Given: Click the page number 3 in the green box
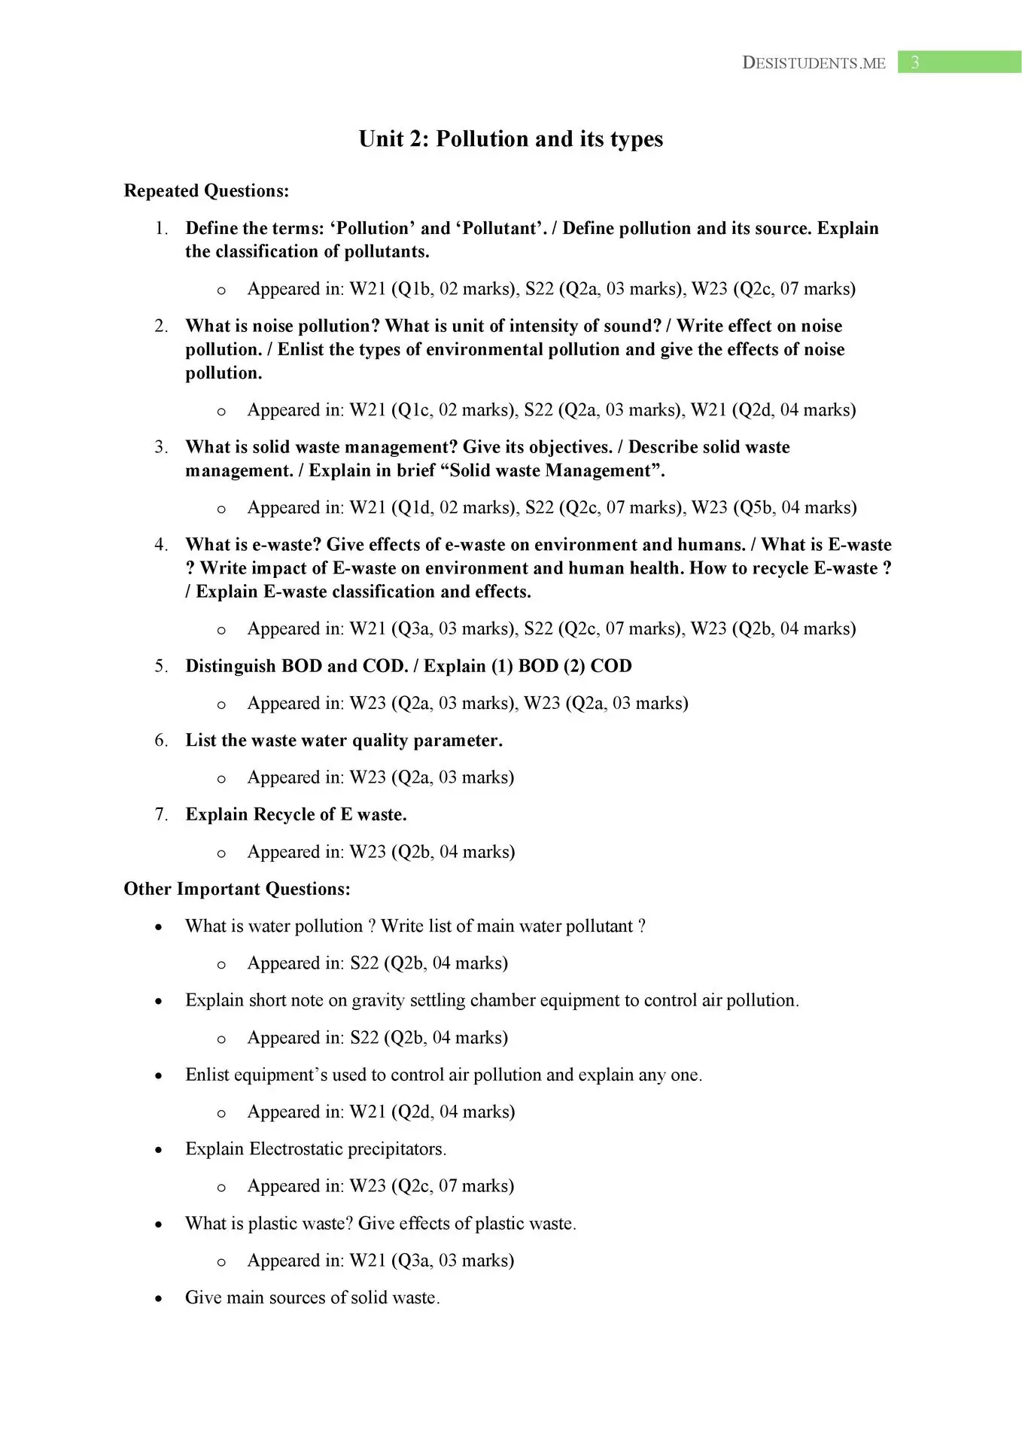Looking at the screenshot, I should pyautogui.click(x=914, y=62).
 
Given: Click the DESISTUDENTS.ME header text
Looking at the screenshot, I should pyautogui.click(x=814, y=63).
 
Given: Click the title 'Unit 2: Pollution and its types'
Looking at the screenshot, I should pyautogui.click(x=510, y=139).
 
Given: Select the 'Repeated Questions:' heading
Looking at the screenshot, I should pyautogui.click(x=206, y=191).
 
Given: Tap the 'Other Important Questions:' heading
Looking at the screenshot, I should pyautogui.click(x=237, y=889).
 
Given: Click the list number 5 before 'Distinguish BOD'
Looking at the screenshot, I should pyautogui.click(x=161, y=666).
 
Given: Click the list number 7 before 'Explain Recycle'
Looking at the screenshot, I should pyautogui.click(x=161, y=814).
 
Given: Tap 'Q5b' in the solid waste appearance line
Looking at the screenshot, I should pyautogui.click(x=756, y=508).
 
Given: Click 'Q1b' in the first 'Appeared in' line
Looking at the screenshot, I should pyautogui.click(x=412, y=289).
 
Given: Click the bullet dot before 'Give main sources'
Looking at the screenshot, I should pyautogui.click(x=158, y=1299).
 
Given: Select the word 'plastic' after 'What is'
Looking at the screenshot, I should pyautogui.click(x=271, y=1224).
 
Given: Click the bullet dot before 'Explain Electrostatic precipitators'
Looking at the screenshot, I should pyautogui.click(x=158, y=1151).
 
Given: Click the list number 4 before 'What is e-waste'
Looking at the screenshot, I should pyautogui.click(x=161, y=545).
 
